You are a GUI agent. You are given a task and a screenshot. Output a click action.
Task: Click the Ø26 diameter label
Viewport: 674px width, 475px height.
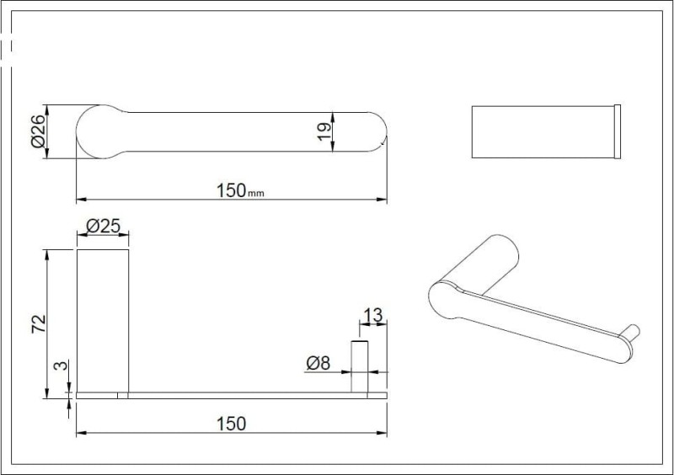tap(38, 131)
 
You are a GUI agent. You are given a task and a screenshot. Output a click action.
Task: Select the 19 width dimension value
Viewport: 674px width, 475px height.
tap(324, 131)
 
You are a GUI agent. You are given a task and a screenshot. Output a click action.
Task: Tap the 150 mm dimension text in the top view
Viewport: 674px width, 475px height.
tap(240, 190)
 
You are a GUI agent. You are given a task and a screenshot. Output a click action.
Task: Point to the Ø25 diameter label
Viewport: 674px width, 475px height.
tap(103, 226)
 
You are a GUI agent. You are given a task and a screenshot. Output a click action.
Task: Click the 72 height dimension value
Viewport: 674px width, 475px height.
tap(39, 323)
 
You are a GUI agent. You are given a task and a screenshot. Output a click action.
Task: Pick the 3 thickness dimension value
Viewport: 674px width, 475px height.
tap(62, 366)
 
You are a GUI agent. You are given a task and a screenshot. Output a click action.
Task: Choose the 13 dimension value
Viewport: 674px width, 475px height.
tap(372, 316)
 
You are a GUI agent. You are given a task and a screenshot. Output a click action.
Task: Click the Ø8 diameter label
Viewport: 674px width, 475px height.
tap(318, 364)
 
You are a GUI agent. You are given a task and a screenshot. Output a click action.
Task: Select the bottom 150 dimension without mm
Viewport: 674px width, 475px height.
tap(231, 424)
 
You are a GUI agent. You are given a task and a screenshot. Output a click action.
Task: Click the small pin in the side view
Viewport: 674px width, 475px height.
tap(360, 366)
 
